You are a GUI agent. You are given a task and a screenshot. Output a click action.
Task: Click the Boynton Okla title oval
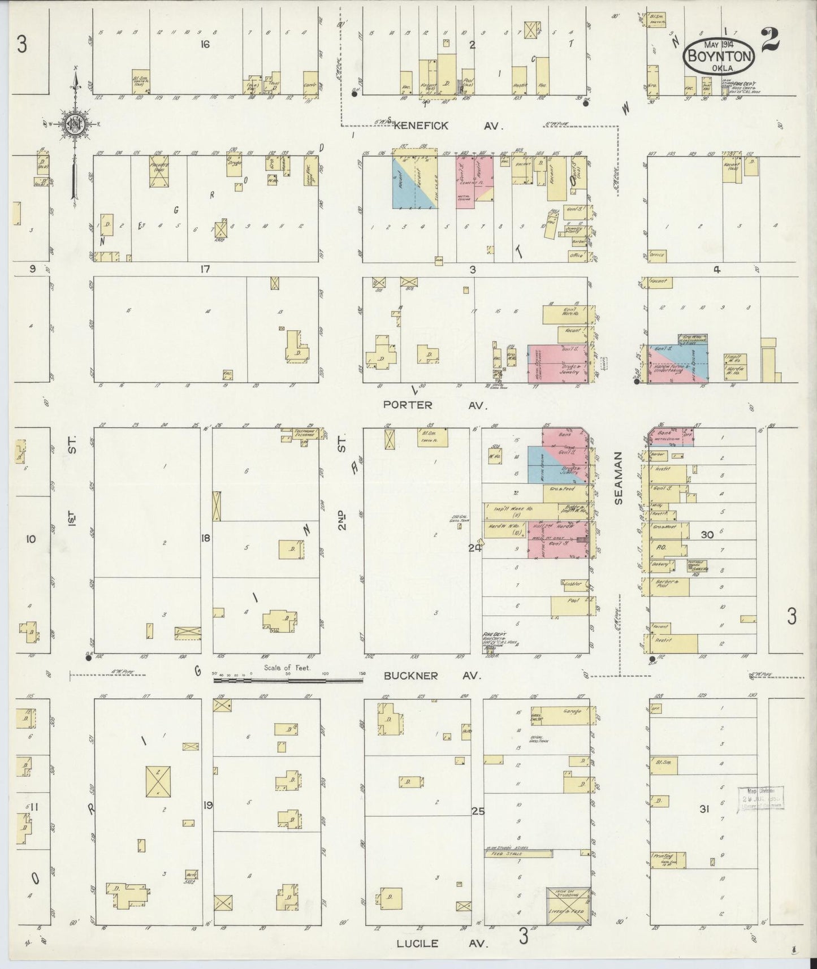pyautogui.click(x=719, y=55)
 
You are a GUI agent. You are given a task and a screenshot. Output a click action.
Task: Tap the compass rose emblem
pyautogui.click(x=75, y=125)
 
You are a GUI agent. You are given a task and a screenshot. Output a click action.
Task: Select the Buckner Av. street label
pyautogui.click(x=433, y=676)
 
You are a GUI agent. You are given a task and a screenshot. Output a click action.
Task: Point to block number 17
pyautogui.click(x=204, y=270)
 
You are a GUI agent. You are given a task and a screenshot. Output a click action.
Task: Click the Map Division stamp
pyautogui.click(x=760, y=799)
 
